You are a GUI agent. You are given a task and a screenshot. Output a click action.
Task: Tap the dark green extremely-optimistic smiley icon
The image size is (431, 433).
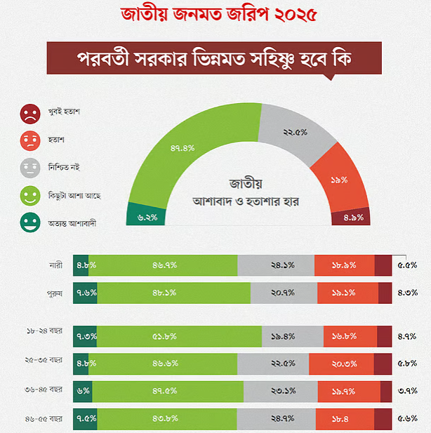pos(29,224)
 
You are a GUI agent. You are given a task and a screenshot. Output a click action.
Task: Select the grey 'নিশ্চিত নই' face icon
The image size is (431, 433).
pos(29,168)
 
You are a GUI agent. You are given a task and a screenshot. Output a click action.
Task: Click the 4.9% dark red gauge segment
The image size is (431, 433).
pos(352,217)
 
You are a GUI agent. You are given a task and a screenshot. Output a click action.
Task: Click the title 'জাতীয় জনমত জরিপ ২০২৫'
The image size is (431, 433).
pos(215,15)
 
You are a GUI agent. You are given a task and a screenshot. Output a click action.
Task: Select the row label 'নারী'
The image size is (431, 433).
pos(54,265)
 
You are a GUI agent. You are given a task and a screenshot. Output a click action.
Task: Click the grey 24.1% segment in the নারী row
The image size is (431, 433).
pos(277,265)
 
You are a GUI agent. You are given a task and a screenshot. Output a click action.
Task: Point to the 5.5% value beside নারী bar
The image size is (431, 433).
pos(408,265)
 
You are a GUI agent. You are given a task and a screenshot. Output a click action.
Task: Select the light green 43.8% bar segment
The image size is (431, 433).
pos(166,419)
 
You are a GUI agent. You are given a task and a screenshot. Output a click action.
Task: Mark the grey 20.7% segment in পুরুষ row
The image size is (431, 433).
pos(284,293)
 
